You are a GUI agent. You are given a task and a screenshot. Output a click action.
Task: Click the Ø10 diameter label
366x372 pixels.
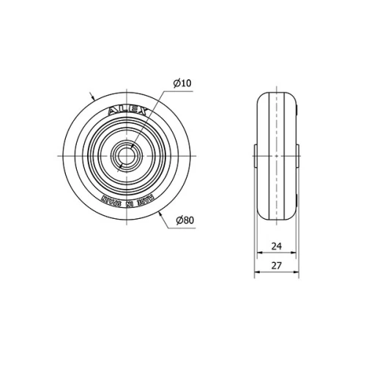point(182,83)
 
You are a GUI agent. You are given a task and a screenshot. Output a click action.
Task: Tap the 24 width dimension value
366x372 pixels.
point(277,246)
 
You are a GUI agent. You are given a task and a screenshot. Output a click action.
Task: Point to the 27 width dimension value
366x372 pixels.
point(277,266)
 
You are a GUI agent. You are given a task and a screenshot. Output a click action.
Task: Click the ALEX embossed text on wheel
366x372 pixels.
point(129,112)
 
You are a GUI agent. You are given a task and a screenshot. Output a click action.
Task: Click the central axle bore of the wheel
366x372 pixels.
point(124,156)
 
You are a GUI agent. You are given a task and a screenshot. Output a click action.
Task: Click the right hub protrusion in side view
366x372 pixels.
point(299,155)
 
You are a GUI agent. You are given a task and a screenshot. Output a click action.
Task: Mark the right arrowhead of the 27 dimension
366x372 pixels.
point(298,273)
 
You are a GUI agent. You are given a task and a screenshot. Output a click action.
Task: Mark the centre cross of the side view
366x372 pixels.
point(277,155)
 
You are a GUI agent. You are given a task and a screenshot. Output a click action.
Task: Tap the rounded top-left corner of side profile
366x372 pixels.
point(261,98)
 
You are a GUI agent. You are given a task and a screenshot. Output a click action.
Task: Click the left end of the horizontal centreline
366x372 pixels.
point(56,156)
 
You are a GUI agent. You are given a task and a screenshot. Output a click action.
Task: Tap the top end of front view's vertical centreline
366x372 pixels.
point(124,86)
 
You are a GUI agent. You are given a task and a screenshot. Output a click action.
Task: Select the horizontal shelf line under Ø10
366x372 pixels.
point(183,90)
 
